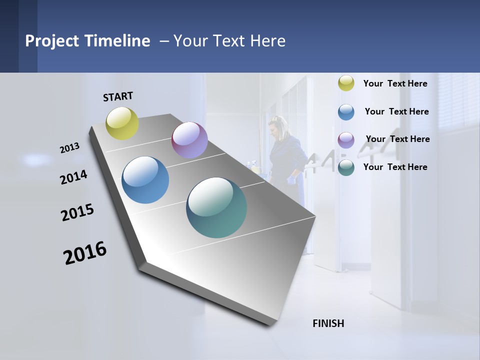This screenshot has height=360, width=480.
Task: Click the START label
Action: (x=118, y=96)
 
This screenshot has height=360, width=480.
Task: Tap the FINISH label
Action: (x=328, y=323)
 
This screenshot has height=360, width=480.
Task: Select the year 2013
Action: (x=70, y=148)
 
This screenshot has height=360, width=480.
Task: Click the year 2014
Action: (x=74, y=177)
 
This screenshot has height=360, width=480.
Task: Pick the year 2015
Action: (x=77, y=212)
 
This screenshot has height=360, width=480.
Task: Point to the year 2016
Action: (x=85, y=252)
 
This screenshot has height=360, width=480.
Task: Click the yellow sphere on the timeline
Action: (x=122, y=123)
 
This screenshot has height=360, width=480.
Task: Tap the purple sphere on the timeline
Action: (x=189, y=140)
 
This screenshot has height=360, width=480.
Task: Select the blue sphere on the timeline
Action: (x=145, y=180)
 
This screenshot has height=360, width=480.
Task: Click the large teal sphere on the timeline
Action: (x=216, y=207)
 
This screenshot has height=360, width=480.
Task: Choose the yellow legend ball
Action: (x=346, y=83)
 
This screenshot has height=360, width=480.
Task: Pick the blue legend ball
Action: (x=346, y=112)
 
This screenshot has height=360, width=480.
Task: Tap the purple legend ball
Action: (x=346, y=140)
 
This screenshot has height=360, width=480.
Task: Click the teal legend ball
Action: (x=346, y=167)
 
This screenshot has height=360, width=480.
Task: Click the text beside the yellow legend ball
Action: (x=395, y=83)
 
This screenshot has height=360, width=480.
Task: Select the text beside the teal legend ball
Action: (x=395, y=167)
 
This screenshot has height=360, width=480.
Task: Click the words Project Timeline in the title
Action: (x=87, y=41)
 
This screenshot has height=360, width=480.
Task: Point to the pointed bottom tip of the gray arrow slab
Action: (x=270, y=325)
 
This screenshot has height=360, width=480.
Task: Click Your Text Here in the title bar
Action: (x=229, y=41)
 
